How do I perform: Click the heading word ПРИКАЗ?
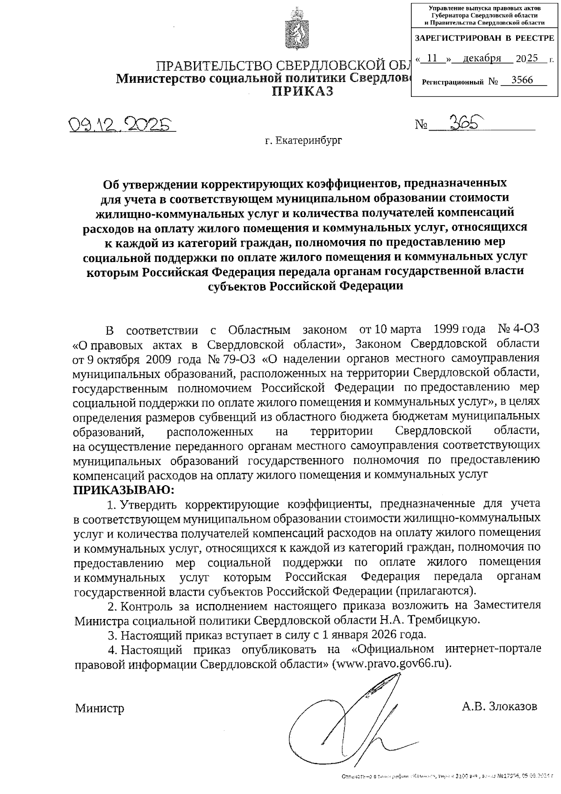coord(303,91)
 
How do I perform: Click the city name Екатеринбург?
coord(303,140)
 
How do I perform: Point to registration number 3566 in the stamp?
coord(522,80)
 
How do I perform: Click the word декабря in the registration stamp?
coord(482,58)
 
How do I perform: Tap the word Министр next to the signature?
coord(100,708)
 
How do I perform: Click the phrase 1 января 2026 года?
coord(371,635)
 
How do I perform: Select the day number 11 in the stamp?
coord(432,58)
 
